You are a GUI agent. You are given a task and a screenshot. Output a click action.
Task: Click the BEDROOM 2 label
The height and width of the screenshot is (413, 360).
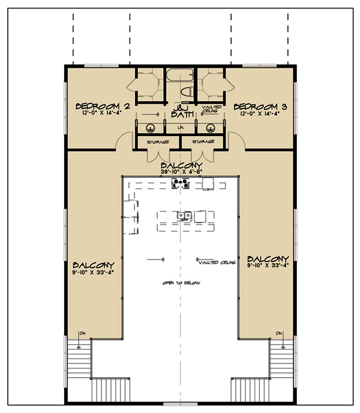(x=100, y=107)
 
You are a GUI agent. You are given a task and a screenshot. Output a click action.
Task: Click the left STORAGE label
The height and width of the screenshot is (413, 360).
(x=155, y=142)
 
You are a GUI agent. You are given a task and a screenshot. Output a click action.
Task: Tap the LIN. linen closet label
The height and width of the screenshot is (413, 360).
(x=180, y=128)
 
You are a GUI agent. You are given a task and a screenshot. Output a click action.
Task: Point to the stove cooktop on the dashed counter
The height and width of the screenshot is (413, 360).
(x=181, y=184)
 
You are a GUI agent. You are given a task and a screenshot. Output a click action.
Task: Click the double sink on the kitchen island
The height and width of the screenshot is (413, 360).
(x=184, y=216)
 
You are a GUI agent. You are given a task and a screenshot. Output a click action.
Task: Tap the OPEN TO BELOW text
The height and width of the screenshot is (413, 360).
(x=180, y=282)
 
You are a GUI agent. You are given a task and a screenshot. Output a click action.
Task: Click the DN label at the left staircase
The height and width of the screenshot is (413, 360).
(x=80, y=333)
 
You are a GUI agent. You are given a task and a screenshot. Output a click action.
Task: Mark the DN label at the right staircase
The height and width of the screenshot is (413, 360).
(x=280, y=333)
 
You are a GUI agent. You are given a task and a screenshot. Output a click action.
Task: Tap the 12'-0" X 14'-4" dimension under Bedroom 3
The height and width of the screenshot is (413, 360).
(x=260, y=114)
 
